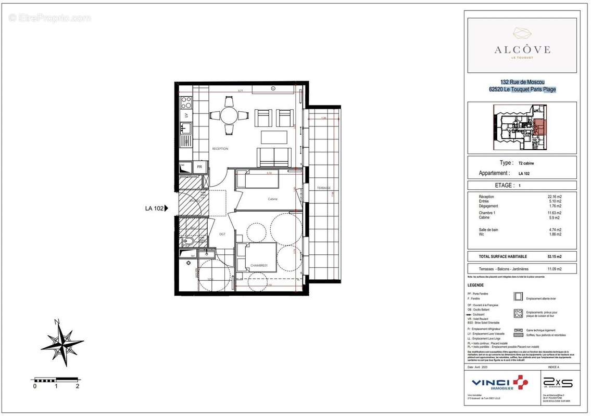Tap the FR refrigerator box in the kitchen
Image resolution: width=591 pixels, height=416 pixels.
[x=199, y=167]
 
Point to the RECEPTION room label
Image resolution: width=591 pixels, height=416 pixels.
[x=220, y=149]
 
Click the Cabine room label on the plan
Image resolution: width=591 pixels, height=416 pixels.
[x=272, y=199]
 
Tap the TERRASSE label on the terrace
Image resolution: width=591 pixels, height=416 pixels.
[x=323, y=188]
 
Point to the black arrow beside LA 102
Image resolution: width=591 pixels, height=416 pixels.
[x=167, y=209]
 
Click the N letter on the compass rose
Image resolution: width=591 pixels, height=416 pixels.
[x=57, y=321]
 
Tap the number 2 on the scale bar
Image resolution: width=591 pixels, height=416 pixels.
[x=77, y=386]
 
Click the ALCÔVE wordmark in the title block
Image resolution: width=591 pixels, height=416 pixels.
[x=522, y=50]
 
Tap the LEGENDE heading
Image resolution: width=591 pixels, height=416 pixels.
[x=475, y=285]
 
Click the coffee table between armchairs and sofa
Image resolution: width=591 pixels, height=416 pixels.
[x=274, y=137]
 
